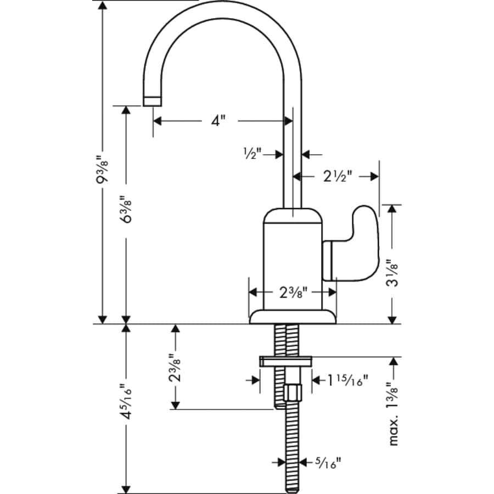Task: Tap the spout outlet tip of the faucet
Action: [x=152, y=100]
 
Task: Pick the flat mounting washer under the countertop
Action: [x=285, y=361]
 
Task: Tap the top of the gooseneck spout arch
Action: [x=222, y=7]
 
